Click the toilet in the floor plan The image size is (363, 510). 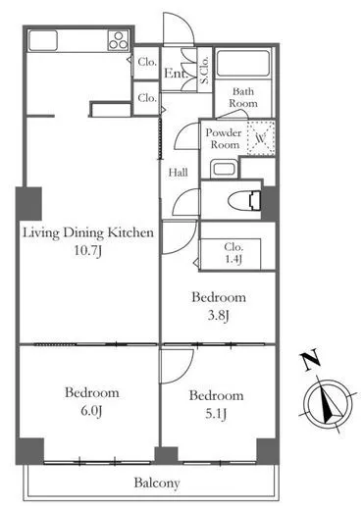pos(244,200)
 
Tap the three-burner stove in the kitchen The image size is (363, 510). pos(118,40)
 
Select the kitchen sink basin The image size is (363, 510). pos(43,40)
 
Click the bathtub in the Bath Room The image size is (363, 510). pos(243,64)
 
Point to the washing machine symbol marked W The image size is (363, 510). pos(261,137)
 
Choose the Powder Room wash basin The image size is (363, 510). pos(224,169)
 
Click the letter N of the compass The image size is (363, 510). pos(311,360)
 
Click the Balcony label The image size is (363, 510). pos(157,483)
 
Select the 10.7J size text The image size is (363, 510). pos(88,251)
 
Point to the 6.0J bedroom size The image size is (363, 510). pos(91,411)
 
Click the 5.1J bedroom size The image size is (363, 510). pos(216,414)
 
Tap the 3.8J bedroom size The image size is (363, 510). pos(218,316)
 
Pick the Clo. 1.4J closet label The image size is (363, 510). pos(233,253)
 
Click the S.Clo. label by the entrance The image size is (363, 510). pos(204,70)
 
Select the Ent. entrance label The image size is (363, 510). pos(176,74)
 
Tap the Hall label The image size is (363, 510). pos(179,173)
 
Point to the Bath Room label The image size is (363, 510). pos(243,97)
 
